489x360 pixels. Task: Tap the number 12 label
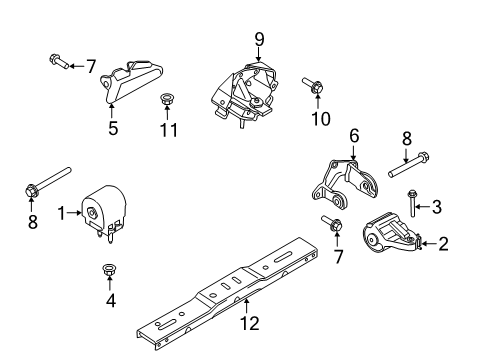251,323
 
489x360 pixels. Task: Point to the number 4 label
109,299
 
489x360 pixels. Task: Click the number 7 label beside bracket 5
90,66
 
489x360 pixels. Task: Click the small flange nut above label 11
166,99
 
